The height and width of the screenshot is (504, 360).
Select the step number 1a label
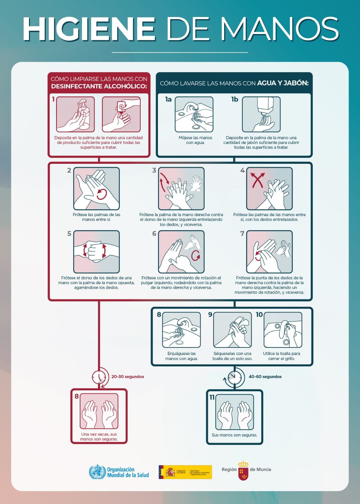[x=168, y=100]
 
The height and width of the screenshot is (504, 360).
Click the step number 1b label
[x=235, y=100]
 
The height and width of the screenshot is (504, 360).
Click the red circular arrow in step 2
[x=102, y=194]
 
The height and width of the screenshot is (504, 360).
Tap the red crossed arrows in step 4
[x=258, y=180]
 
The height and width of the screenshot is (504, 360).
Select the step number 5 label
[x=69, y=234]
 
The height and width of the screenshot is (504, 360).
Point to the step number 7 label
[x=242, y=234]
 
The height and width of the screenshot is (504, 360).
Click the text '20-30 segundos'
[x=128, y=376]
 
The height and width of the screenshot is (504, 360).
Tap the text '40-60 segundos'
[x=265, y=376]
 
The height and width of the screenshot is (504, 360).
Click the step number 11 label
[x=212, y=397]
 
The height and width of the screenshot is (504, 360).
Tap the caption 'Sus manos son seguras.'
[x=235, y=435]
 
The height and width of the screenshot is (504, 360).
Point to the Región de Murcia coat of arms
[x=243, y=470]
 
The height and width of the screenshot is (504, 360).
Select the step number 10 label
[x=259, y=315]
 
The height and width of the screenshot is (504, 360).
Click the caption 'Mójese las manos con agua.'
[x=195, y=140]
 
